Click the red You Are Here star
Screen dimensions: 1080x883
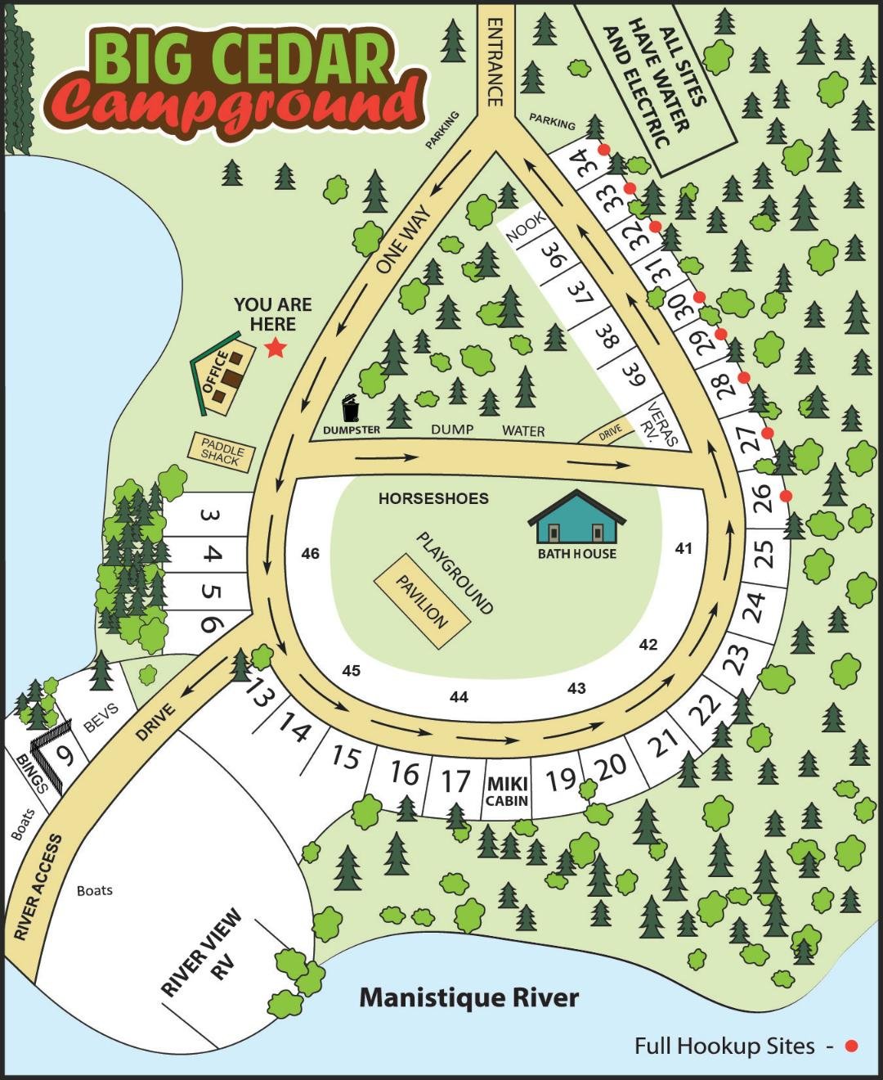[276, 349]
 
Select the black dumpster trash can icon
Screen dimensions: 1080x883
[350, 407]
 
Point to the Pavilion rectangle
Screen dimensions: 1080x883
[422, 601]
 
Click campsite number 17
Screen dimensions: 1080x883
[455, 781]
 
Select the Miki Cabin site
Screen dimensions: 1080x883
[507, 792]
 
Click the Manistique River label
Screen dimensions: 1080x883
[469, 997]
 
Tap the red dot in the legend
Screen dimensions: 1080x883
[851, 1046]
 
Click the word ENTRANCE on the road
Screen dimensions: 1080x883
[495, 62]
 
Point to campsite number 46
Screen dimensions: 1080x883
[310, 554]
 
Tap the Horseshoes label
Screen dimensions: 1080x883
[433, 498]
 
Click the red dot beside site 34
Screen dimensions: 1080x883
[604, 150]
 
